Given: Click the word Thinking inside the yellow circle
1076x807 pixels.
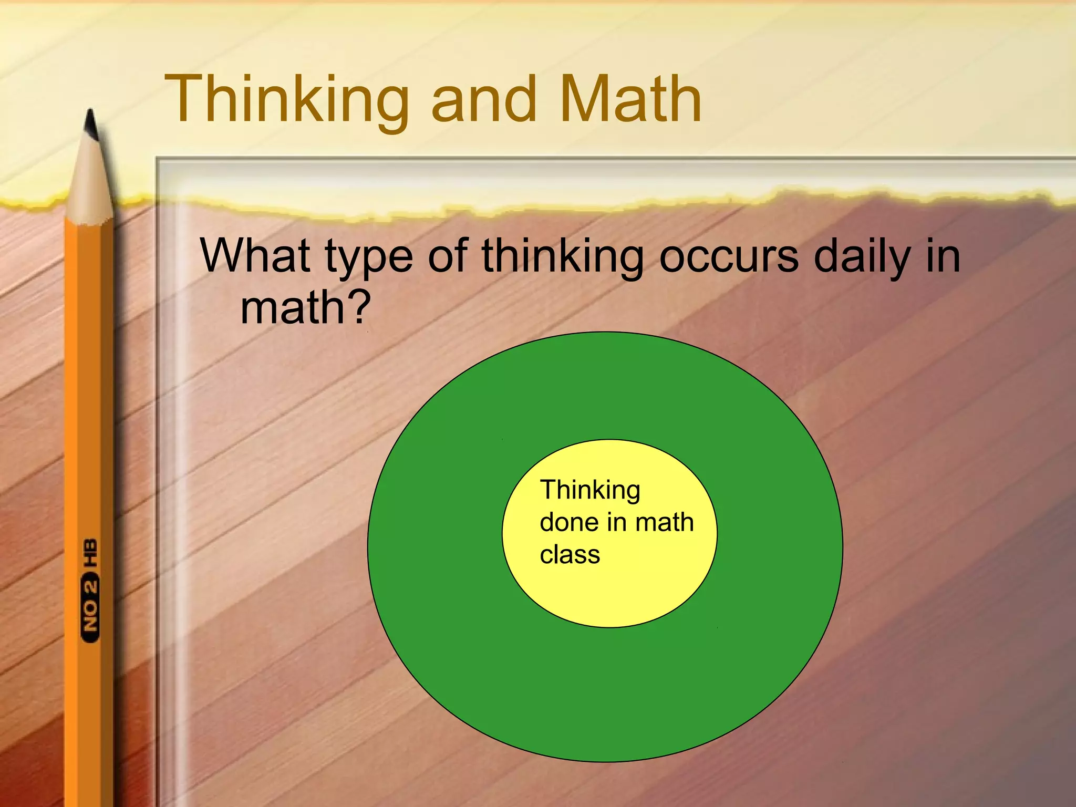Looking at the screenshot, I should pyautogui.click(x=590, y=490).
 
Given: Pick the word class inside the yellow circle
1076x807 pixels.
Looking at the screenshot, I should pyautogui.click(x=570, y=555).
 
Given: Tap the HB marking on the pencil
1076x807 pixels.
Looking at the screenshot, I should pyautogui.click(x=90, y=553).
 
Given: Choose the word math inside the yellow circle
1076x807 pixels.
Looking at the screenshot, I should pyautogui.click(x=664, y=522).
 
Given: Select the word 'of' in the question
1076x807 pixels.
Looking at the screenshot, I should pyautogui.click(x=447, y=256).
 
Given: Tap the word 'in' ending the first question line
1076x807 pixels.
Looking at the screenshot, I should pyautogui.click(x=943, y=256).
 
